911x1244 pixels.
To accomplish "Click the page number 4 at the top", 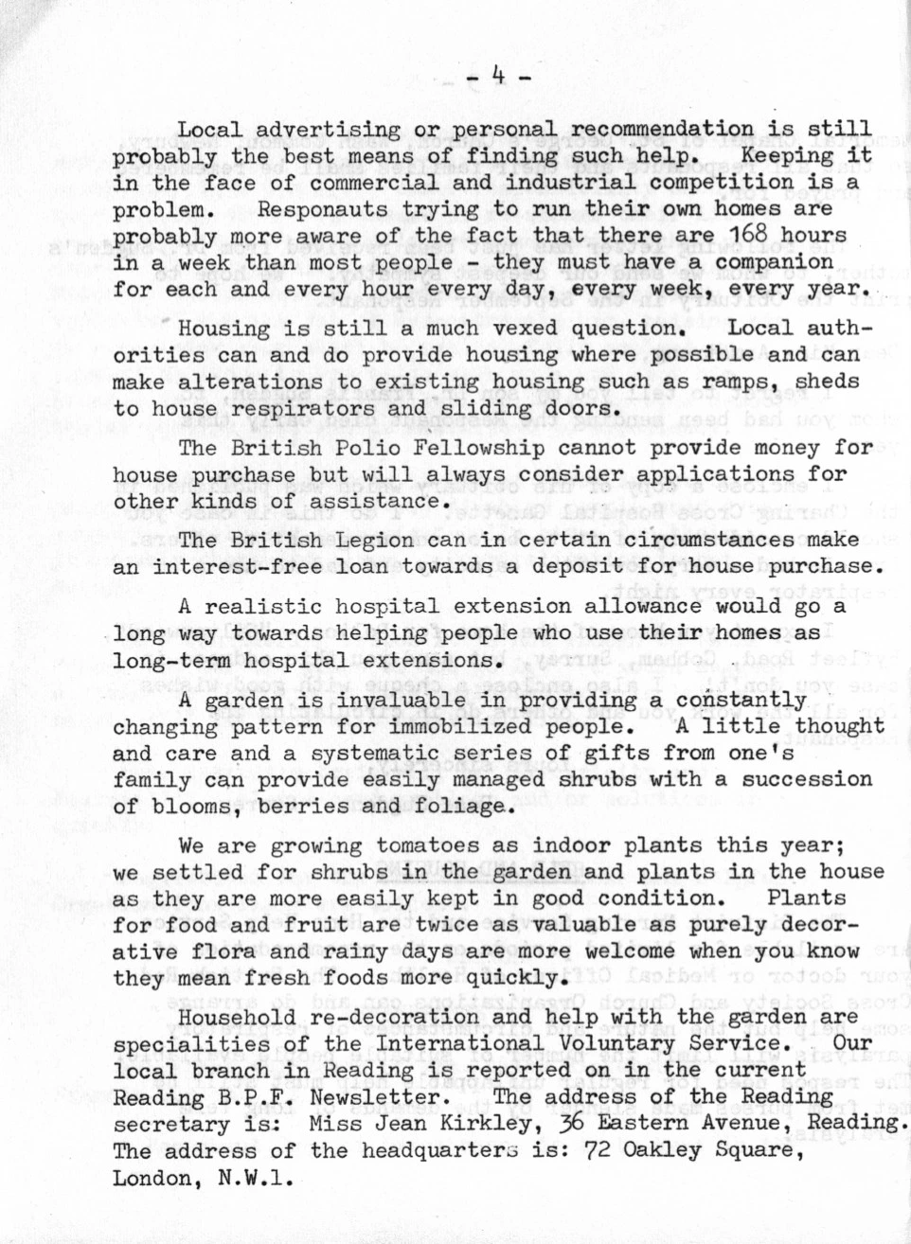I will coord(498,73).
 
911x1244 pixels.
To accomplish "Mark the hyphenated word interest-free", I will coord(238,567).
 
